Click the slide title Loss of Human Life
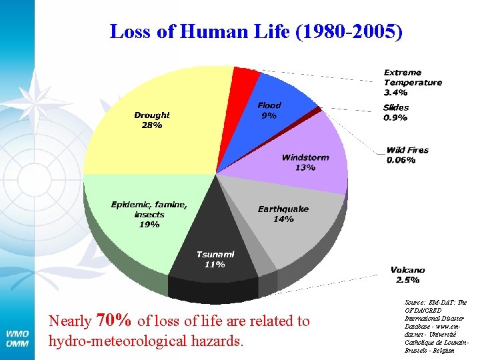(x=256, y=31)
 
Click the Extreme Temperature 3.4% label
(x=412, y=83)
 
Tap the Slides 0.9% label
(x=396, y=112)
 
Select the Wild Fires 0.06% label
(x=407, y=155)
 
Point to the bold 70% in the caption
(x=114, y=320)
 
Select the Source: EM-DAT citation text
(x=436, y=325)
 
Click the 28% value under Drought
(x=151, y=125)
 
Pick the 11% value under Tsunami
(x=214, y=264)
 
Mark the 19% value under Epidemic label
(x=149, y=225)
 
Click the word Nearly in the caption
(x=70, y=321)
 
